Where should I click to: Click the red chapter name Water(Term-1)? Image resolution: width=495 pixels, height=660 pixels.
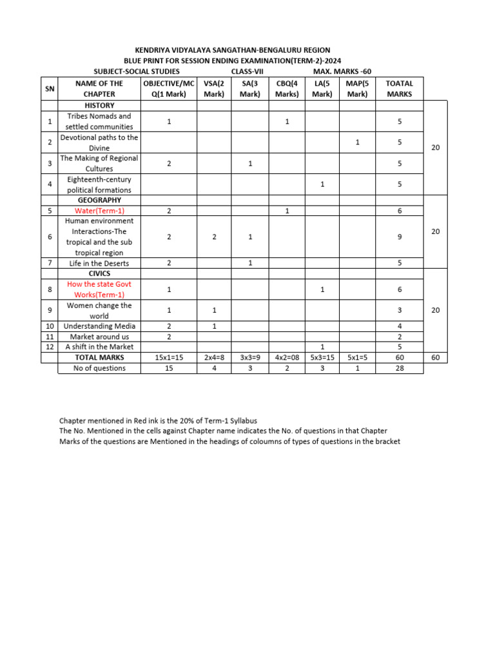tap(99, 211)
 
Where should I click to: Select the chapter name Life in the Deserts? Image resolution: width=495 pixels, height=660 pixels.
tap(99, 263)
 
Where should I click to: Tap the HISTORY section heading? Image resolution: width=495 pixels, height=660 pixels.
tap(99, 105)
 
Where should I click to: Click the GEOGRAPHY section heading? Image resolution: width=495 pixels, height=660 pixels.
tap(99, 200)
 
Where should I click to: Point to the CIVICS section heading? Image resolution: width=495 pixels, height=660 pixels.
tap(99, 273)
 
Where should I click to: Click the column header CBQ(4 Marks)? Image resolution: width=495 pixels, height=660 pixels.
tap(287, 88)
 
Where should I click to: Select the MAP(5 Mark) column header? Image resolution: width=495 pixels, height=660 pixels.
tap(357, 88)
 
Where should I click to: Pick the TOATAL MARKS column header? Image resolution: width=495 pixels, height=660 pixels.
tap(399, 88)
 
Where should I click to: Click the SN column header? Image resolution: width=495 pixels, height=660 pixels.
tap(50, 88)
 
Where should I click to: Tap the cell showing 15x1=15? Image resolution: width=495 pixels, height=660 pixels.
tap(169, 357)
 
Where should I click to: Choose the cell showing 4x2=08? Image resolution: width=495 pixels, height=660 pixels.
tap(287, 357)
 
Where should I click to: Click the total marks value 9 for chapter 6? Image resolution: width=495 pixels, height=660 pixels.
tap(400, 237)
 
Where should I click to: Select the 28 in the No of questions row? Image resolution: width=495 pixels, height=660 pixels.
tap(400, 368)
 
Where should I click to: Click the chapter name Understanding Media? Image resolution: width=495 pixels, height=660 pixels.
tap(99, 326)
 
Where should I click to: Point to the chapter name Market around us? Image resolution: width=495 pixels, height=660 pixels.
tap(99, 336)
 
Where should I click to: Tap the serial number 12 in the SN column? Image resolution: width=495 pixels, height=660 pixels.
tap(50, 347)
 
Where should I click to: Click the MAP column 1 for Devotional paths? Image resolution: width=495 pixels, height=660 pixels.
tap(357, 142)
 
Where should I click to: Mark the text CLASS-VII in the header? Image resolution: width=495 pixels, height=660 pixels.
tap(247, 71)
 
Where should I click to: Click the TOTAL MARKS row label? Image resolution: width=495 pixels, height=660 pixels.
tap(99, 357)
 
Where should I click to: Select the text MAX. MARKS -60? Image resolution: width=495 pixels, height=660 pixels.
tap(342, 71)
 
